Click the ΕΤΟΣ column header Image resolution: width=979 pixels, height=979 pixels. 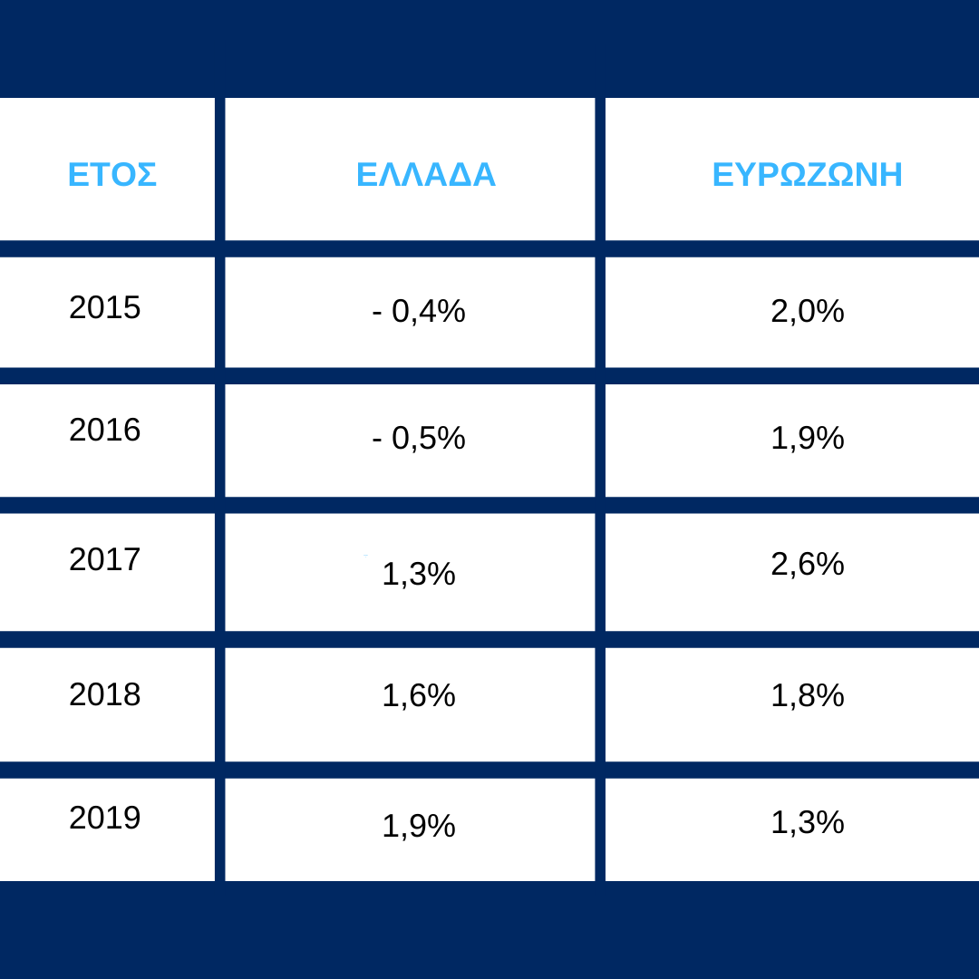[x=111, y=174]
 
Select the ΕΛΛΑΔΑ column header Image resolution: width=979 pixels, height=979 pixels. [x=426, y=174]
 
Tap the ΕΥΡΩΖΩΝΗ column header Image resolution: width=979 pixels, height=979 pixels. [x=808, y=174]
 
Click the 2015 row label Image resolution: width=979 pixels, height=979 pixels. [x=105, y=307]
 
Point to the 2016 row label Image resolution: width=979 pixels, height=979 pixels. [x=105, y=430]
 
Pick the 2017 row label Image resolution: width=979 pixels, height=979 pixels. [x=105, y=558]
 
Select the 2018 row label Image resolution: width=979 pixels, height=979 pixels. [x=105, y=694]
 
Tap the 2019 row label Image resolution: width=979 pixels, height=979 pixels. [x=105, y=818]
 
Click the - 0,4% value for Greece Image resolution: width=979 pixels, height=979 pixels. [x=419, y=311]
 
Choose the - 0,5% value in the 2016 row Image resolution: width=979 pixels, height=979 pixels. [x=419, y=438]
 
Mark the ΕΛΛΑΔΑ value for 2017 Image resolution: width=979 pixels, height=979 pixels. [x=418, y=574]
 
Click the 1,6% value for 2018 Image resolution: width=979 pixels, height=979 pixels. [x=418, y=695]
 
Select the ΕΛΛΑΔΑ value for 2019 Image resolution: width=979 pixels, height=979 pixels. [x=418, y=826]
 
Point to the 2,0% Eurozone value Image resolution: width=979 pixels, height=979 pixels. [x=808, y=311]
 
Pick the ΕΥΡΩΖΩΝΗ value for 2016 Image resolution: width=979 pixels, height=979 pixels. [x=808, y=438]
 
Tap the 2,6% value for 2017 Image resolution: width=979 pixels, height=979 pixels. [x=808, y=564]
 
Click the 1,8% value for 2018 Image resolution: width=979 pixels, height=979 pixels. [x=808, y=695]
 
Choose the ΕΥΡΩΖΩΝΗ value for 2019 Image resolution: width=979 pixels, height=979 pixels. [x=808, y=821]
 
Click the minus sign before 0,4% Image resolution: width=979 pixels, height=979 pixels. [x=376, y=313]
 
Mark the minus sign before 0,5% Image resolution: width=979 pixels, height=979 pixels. [x=376, y=440]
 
